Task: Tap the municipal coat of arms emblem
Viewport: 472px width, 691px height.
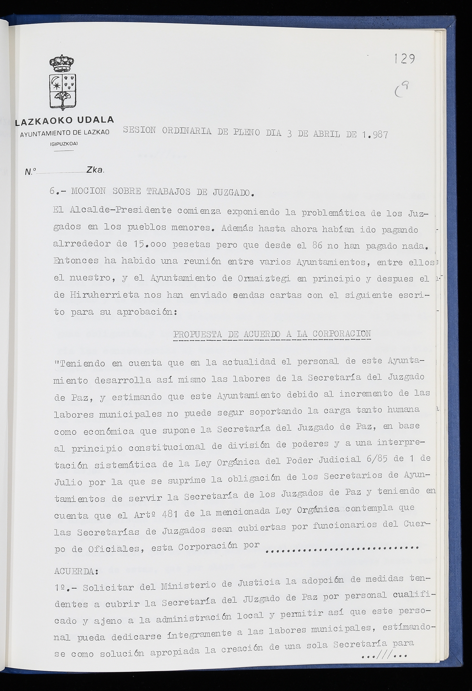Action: (63, 82)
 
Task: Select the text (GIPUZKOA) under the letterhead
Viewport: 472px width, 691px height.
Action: (64, 144)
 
